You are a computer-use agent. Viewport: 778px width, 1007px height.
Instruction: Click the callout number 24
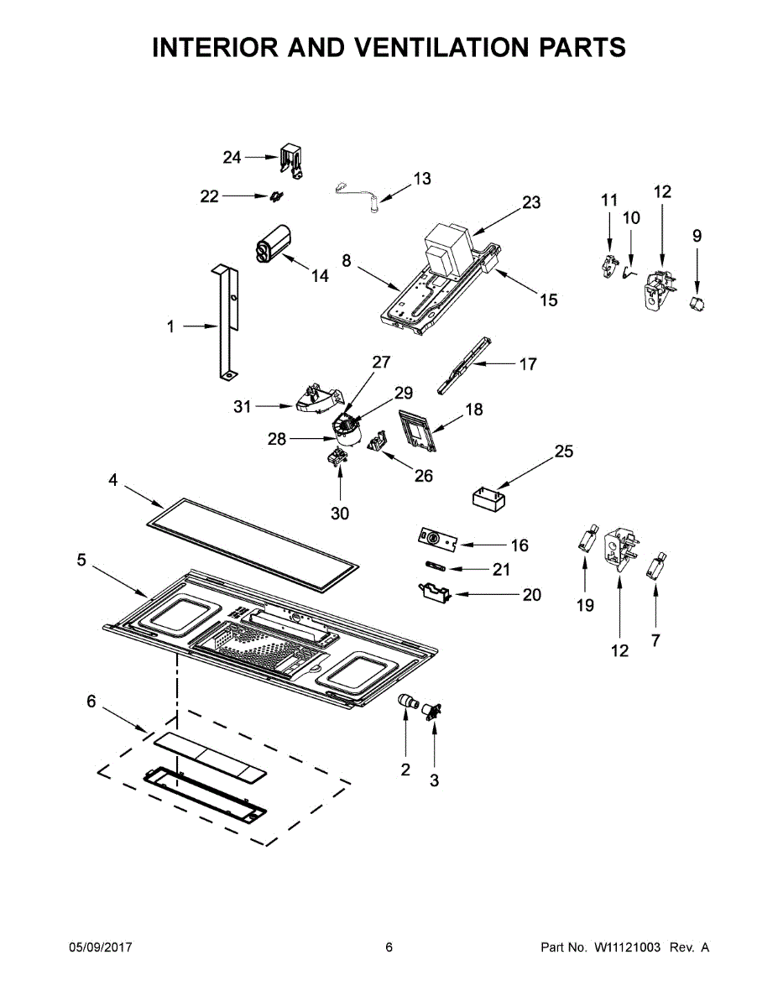coord(232,158)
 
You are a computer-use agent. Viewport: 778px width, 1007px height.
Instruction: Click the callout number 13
coord(421,179)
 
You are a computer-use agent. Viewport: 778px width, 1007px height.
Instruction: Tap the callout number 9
coord(697,236)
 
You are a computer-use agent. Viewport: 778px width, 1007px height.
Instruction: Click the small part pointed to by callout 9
coord(697,304)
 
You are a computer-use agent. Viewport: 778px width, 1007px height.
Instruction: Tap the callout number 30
coord(340,514)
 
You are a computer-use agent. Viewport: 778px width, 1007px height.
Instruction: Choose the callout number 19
coord(585,605)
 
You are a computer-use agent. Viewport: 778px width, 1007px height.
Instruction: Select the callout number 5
coord(81,561)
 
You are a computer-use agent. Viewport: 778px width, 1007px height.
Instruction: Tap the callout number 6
coord(91,702)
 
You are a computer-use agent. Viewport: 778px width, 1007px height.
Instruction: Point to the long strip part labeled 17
coord(465,365)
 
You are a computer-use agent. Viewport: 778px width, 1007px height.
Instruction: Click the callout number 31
coord(242,407)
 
